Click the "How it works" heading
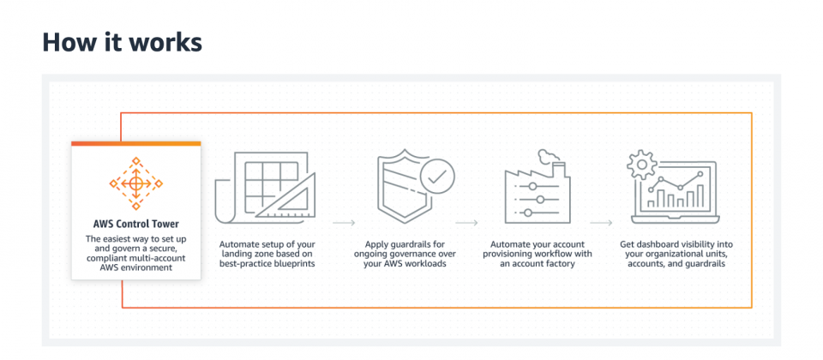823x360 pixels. click(x=122, y=43)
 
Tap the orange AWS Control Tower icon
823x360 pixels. click(x=136, y=183)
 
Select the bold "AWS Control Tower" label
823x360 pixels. click(x=136, y=224)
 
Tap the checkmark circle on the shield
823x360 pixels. click(x=436, y=178)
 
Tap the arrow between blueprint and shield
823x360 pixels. click(x=345, y=223)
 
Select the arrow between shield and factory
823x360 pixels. click(x=466, y=223)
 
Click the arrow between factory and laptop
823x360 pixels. click(x=601, y=223)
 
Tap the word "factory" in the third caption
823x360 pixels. click(x=560, y=264)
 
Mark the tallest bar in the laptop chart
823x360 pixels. click(x=700, y=195)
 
